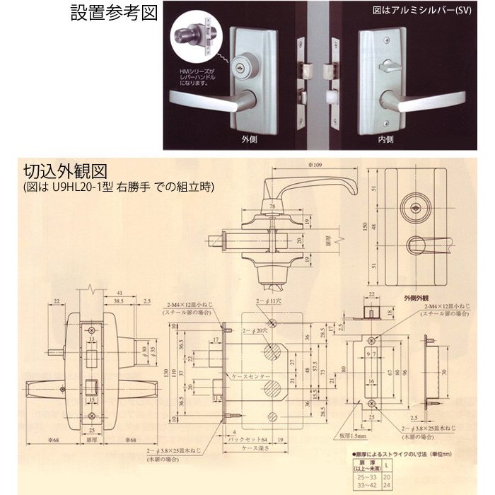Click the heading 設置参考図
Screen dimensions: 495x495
(x=114, y=13)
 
